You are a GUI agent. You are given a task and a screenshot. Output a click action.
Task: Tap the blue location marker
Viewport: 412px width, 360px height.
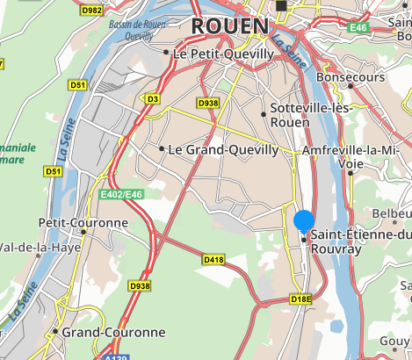point(304,221)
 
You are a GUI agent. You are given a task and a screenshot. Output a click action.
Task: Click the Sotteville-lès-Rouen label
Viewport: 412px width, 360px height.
point(303,113)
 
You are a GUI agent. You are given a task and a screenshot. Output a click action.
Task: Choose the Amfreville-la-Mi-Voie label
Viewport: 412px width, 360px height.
point(356,156)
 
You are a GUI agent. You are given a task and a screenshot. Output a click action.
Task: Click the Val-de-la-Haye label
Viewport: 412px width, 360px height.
point(40,247)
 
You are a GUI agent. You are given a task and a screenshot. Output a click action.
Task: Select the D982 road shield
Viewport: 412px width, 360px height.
point(90,10)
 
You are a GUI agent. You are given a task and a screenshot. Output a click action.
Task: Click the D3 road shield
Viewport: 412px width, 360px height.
point(153,99)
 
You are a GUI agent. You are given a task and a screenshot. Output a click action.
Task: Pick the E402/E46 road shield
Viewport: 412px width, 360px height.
point(120,194)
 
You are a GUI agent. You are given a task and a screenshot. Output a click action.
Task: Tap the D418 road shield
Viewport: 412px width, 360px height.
point(213,260)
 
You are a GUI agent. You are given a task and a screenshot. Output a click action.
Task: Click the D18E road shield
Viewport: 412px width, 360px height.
point(301,299)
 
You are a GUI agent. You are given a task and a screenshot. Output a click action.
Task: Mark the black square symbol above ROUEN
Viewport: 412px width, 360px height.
point(281,6)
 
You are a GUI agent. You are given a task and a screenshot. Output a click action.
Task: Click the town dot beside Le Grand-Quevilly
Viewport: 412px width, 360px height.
point(162,148)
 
